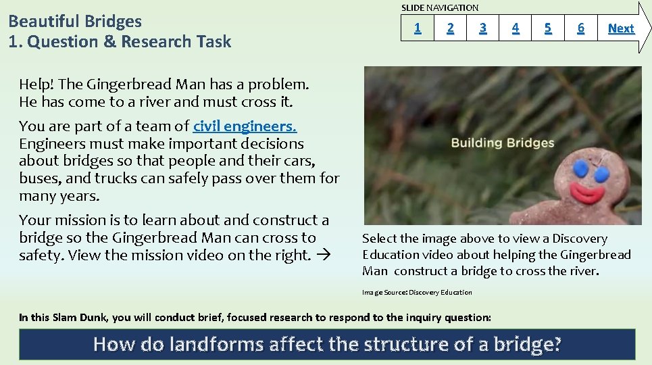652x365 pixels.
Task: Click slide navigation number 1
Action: pyautogui.click(x=418, y=28)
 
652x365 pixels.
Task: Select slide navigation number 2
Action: pyautogui.click(x=451, y=28)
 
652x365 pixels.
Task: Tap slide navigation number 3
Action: pyautogui.click(x=482, y=28)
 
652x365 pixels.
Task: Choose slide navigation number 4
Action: pyautogui.click(x=516, y=28)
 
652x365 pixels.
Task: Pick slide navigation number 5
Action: pyautogui.click(x=548, y=28)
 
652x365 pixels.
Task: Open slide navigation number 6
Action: pyautogui.click(x=580, y=28)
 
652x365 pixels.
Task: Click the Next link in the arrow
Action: pyautogui.click(x=621, y=28)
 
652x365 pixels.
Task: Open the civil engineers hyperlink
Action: pyautogui.click(x=245, y=126)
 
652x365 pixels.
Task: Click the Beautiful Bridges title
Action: pyautogui.click(x=75, y=21)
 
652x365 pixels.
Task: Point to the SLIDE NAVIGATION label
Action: pyautogui.click(x=440, y=7)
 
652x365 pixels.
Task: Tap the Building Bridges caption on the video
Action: pyautogui.click(x=502, y=143)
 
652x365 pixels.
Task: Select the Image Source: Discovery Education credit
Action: pyautogui.click(x=417, y=292)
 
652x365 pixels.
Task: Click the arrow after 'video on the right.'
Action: pyautogui.click(x=323, y=255)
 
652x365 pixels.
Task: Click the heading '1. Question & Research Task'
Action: pyautogui.click(x=120, y=42)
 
